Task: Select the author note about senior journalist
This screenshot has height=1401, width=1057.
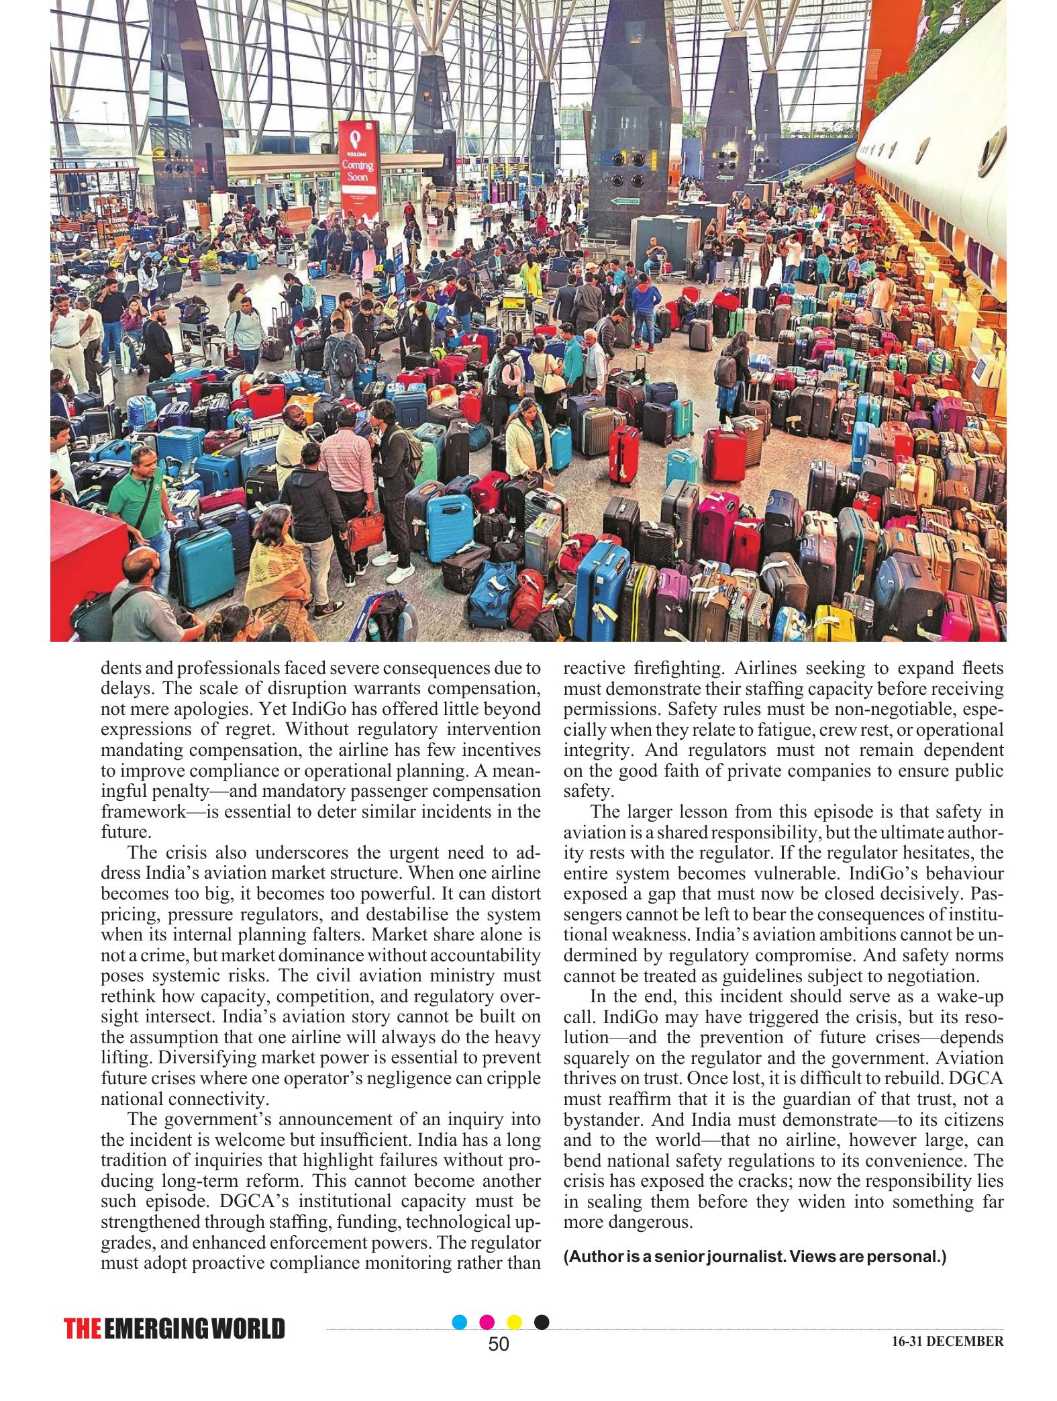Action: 755,1256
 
